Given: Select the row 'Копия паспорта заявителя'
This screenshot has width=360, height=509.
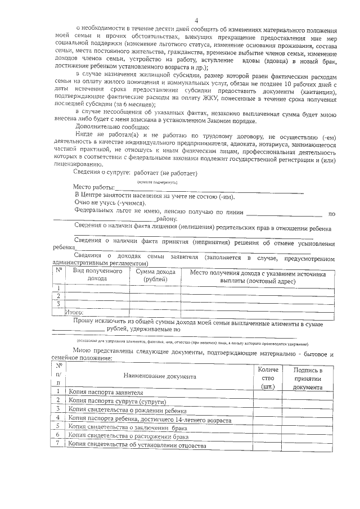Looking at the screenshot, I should coord(102,392).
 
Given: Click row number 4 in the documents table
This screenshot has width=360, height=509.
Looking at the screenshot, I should coord(58,419).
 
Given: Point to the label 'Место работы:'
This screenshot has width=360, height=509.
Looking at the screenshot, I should coord(94,188).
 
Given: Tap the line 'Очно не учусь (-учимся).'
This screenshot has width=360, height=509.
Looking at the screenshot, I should coord(110,202).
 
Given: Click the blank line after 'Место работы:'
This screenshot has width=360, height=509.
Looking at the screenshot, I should coord(208,190).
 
